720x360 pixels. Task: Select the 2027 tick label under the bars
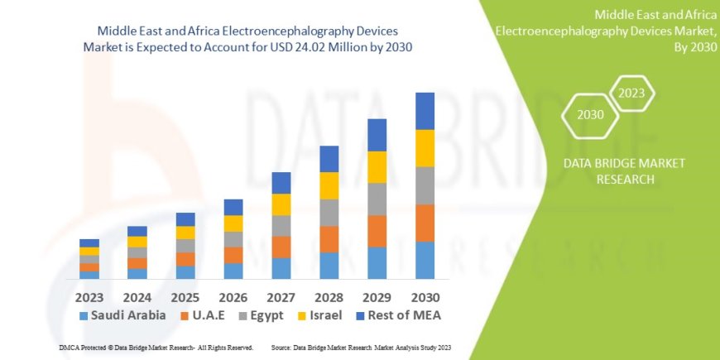point(281,296)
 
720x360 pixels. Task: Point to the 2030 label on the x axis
point(425,296)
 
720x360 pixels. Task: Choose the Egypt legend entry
point(260,315)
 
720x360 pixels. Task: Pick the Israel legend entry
point(320,315)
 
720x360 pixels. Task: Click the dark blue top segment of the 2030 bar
point(425,111)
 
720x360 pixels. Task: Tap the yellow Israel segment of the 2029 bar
point(377,167)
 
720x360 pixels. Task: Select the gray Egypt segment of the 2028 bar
point(329,213)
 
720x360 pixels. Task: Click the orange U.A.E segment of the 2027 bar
point(281,247)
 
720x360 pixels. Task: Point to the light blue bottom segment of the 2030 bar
point(425,260)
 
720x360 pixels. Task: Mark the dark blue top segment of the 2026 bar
point(233,207)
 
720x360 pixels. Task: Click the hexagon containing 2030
point(591,115)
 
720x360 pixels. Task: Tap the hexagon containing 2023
point(631,94)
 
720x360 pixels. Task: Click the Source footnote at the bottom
point(360,348)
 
